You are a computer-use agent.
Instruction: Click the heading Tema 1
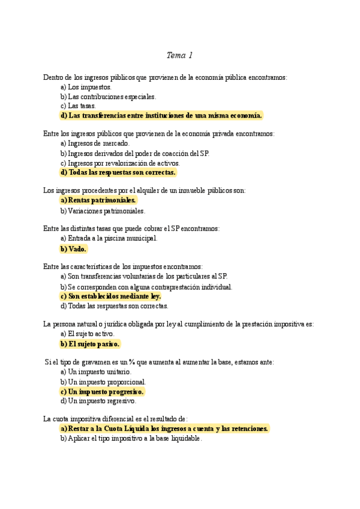179,56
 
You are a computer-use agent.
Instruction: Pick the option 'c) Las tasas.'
78,106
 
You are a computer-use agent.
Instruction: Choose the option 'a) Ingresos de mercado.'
95,143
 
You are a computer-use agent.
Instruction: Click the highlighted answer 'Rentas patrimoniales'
98,200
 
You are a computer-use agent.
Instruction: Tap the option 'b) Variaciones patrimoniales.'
103,211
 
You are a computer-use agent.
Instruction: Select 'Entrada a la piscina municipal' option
109,238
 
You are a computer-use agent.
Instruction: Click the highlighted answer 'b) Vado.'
74,248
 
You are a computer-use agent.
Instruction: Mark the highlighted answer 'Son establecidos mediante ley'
111,296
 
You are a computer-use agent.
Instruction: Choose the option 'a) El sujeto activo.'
87,334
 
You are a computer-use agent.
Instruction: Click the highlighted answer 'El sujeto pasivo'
90,344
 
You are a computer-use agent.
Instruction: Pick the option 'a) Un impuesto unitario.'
95,372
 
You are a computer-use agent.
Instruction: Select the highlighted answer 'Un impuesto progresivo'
102,391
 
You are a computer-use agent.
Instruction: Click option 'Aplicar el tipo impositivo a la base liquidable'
131,438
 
